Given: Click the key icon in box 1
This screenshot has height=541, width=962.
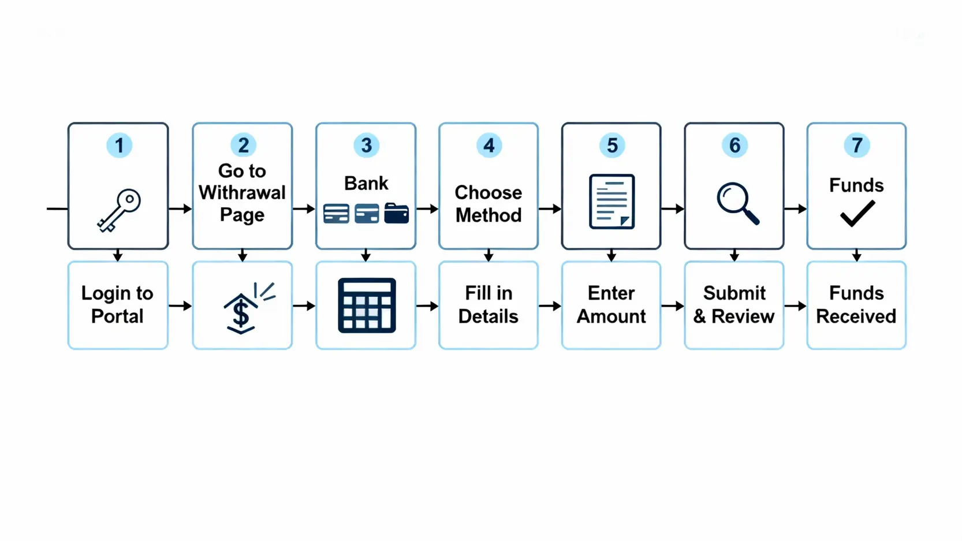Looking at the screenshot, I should tap(119, 210).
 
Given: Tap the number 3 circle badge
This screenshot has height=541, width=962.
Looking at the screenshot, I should tap(366, 145).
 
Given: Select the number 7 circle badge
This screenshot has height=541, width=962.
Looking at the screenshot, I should tap(857, 145).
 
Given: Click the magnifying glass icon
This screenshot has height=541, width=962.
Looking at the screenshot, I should tap(737, 203).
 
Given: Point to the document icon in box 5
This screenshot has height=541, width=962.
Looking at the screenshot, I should tap(611, 202).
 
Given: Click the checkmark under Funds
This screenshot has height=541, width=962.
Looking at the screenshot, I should tap(857, 213).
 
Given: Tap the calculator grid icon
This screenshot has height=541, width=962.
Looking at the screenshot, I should tap(367, 305).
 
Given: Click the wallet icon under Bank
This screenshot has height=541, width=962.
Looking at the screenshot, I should tap(396, 213).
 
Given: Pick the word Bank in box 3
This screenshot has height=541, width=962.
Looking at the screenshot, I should tap(366, 184).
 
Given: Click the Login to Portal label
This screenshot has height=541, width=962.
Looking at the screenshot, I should tap(117, 305).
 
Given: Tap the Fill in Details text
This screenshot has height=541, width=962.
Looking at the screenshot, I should tap(489, 305).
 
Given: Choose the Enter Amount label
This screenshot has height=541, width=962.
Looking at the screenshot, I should tap(611, 305).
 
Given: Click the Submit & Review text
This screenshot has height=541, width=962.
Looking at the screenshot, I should tap(734, 305).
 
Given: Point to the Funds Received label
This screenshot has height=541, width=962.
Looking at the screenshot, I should tap(856, 305).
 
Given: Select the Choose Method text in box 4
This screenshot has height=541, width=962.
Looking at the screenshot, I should tap(489, 204).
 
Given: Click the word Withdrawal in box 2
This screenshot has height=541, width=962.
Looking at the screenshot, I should tap(242, 193).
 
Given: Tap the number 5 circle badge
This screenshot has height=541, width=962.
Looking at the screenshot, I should tap(612, 145).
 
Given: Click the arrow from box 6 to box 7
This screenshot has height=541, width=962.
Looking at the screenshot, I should tap(795, 209).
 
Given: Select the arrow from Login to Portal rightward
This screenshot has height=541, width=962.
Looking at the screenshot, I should tap(180, 305).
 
